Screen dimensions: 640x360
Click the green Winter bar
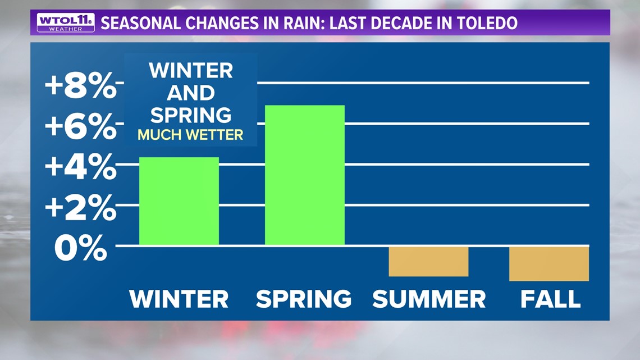point(179,201)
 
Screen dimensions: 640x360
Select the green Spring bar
point(304,175)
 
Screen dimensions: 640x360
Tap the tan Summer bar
point(428,261)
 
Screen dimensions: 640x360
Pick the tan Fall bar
point(549,263)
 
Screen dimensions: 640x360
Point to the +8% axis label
point(81,85)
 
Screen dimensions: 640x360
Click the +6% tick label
point(81,126)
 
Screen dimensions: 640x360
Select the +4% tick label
point(81,167)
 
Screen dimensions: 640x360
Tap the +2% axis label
point(81,207)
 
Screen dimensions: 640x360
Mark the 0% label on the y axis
point(81,248)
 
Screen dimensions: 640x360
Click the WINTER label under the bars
point(179,299)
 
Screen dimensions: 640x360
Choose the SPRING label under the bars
point(304,299)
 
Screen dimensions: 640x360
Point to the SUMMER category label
point(429,299)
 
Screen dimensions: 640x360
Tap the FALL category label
point(550,299)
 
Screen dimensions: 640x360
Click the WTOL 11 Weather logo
point(66,22)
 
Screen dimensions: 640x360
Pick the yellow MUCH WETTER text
point(190,135)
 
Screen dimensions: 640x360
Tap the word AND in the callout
point(191,93)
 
